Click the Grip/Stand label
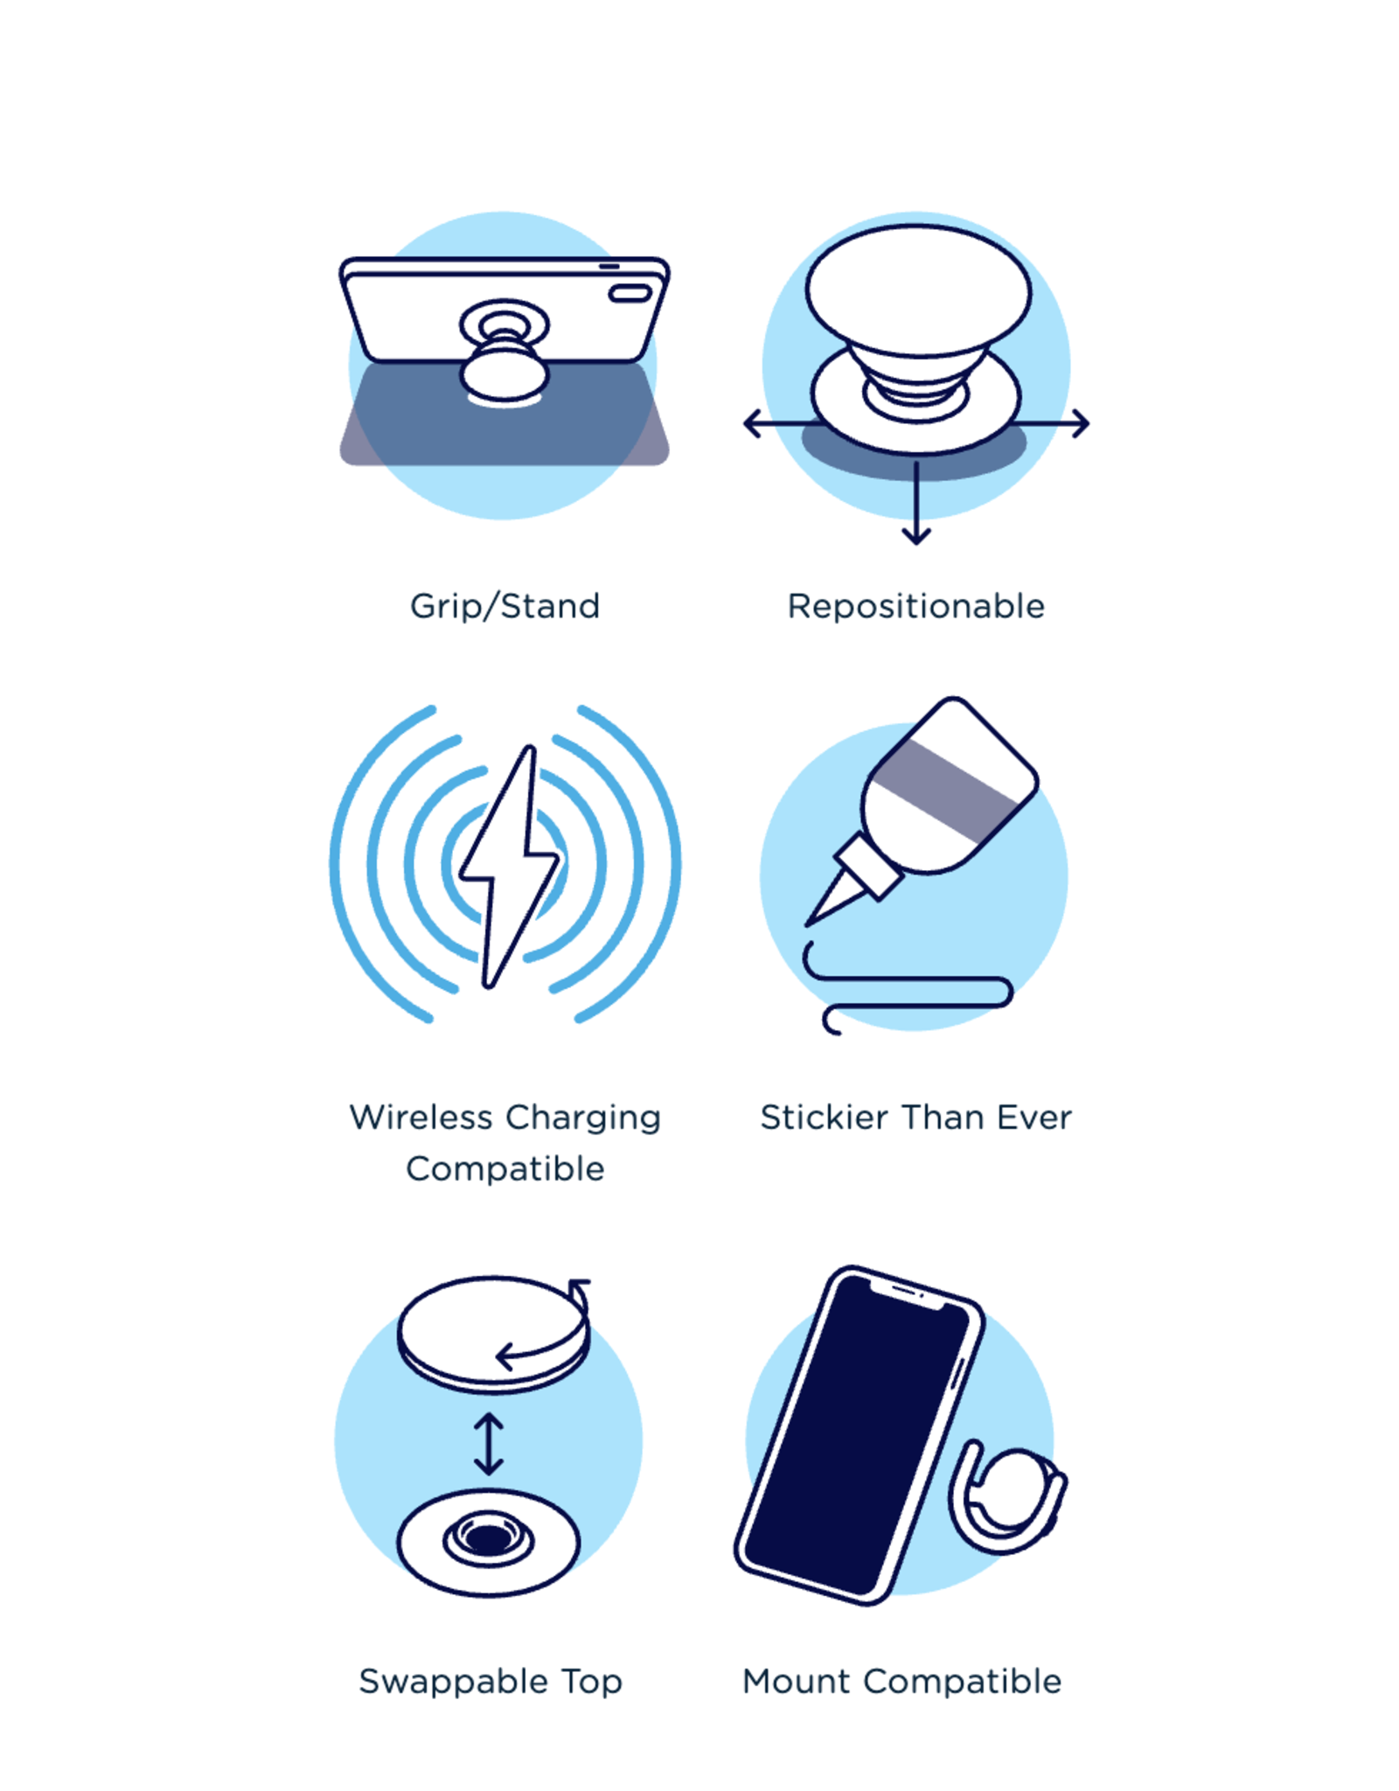(x=505, y=606)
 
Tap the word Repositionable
(x=915, y=606)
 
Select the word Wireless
(x=421, y=1117)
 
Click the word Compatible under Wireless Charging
(x=505, y=1168)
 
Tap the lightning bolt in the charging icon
(x=509, y=866)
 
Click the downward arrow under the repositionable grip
(x=915, y=503)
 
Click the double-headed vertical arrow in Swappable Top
(x=488, y=1444)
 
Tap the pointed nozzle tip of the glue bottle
(x=810, y=922)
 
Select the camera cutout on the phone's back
(x=630, y=293)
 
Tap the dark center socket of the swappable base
(x=488, y=1537)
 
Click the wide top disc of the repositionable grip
(x=918, y=290)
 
